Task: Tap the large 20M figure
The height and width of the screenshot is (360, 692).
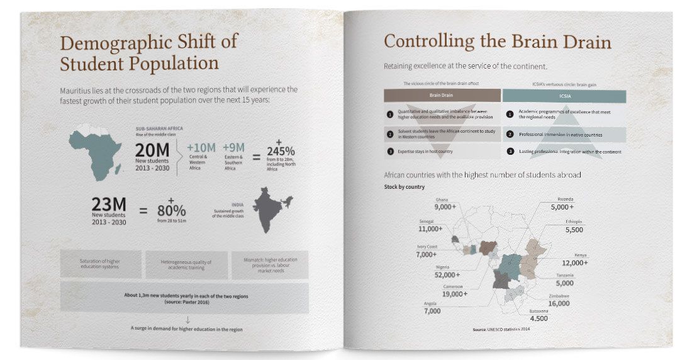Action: pyautogui.click(x=152, y=151)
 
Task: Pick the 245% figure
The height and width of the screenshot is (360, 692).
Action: pyautogui.click(x=281, y=152)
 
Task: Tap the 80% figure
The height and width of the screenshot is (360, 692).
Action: pyautogui.click(x=171, y=210)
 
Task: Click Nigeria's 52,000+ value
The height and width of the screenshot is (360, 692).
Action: pyautogui.click(x=447, y=275)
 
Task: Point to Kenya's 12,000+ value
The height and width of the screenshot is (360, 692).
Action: pyautogui.click(x=574, y=262)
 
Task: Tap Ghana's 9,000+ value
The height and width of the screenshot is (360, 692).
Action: pyautogui.click(x=444, y=207)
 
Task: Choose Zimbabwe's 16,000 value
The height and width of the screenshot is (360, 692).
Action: pyautogui.click(x=559, y=303)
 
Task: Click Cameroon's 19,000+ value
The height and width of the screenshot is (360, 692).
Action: pyautogui.click(x=455, y=294)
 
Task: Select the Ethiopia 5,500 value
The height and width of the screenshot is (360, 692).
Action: pyautogui.click(x=574, y=230)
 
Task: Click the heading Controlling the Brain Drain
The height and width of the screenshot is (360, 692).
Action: pyautogui.click(x=497, y=42)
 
